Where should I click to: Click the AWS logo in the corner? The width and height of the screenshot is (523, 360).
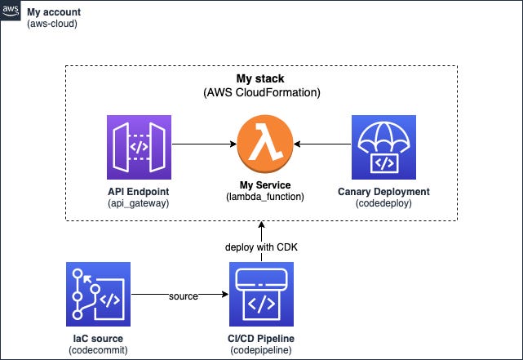coord(11,11)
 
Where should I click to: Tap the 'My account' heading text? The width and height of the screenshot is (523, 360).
coord(54,12)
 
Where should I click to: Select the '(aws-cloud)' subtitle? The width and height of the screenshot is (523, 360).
coord(52,24)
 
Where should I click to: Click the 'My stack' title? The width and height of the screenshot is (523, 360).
coord(260,78)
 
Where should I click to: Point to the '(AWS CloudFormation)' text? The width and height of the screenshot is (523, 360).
coord(262,92)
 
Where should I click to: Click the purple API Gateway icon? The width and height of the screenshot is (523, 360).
coord(139,147)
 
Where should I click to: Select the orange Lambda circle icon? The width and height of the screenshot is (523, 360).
coord(265,144)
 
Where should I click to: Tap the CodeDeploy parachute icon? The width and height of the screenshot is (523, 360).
coord(383,147)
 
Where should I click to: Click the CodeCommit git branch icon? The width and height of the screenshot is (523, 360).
coord(98,294)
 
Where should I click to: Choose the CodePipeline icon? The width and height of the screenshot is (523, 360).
coord(261,294)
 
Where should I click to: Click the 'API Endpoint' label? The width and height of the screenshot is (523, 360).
coord(139,192)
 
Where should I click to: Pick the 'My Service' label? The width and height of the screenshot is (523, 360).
coord(265,184)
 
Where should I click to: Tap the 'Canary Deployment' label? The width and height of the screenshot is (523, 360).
coord(383,192)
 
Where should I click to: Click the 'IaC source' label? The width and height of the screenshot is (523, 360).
coord(98,338)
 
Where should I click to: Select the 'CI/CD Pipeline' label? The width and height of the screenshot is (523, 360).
coord(261,338)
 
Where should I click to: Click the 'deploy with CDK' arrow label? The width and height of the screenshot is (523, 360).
coord(261,247)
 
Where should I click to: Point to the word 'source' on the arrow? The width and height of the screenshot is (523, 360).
coord(184,296)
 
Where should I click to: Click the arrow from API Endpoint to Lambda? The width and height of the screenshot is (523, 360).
coord(204,144)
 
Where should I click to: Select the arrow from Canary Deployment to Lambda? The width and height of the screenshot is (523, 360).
coord(322,144)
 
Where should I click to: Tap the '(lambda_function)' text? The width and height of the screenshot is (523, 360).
coord(265,197)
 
